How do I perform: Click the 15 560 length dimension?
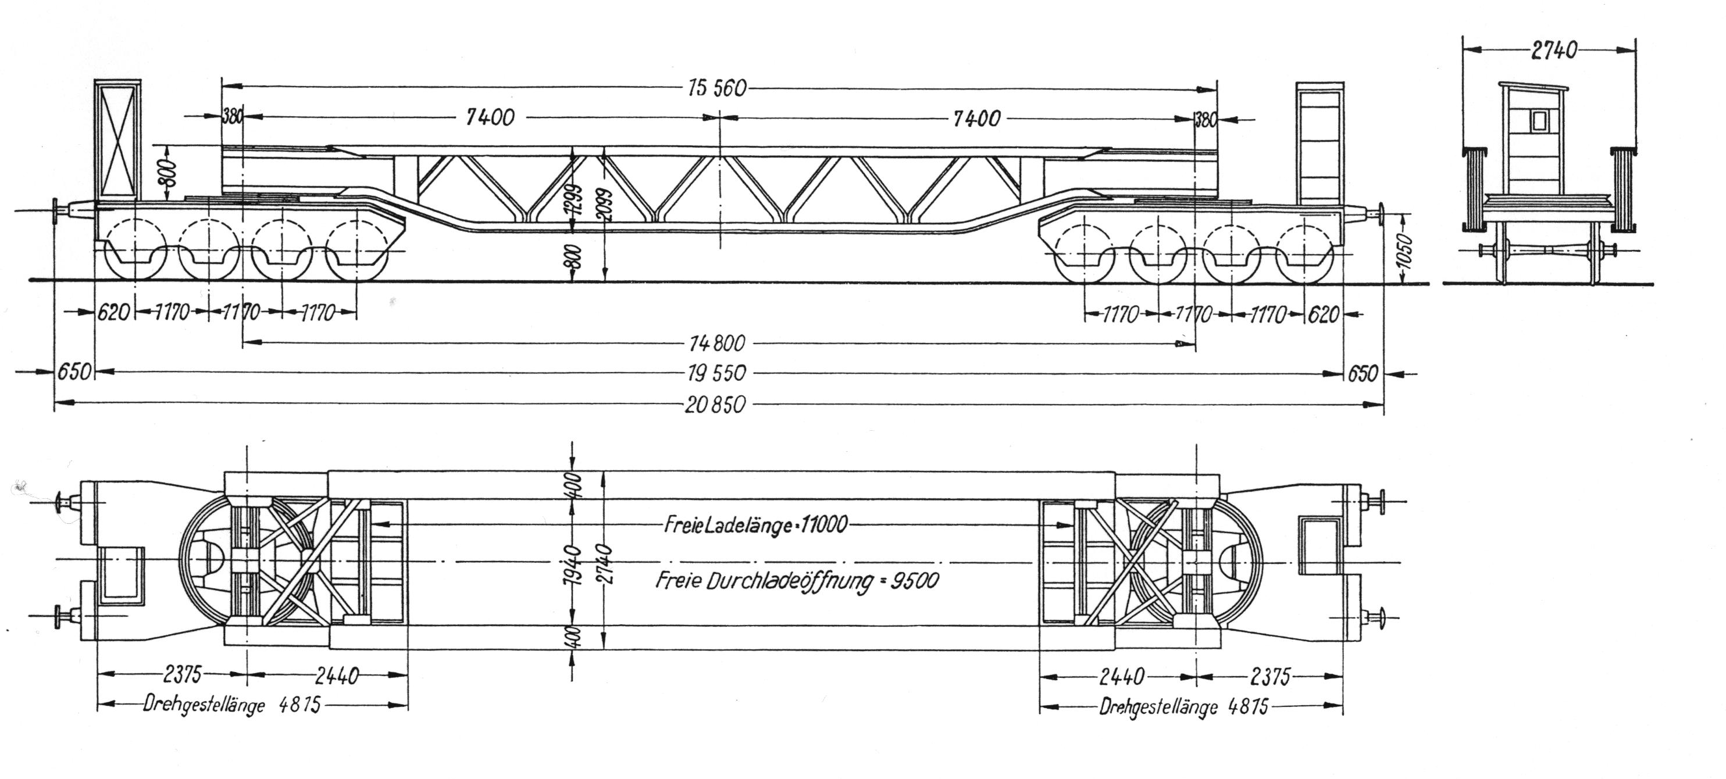click(x=716, y=88)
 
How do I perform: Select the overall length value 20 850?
click(x=715, y=405)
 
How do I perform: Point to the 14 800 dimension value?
click(x=716, y=343)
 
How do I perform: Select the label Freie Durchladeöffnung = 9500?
click(x=797, y=580)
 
